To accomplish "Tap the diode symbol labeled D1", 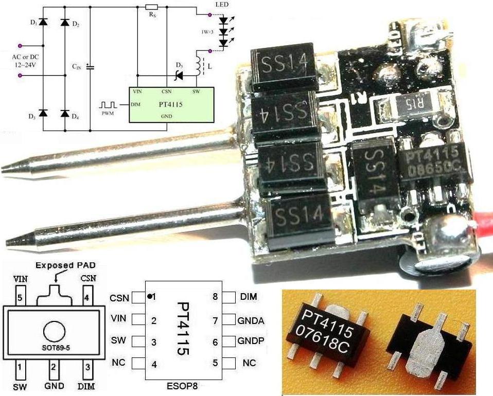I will [43, 23].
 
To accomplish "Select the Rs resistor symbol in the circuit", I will [151, 7].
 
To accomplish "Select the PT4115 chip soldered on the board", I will [435, 164].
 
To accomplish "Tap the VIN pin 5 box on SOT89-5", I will [20, 297].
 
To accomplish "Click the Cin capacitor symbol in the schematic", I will [90, 66].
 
